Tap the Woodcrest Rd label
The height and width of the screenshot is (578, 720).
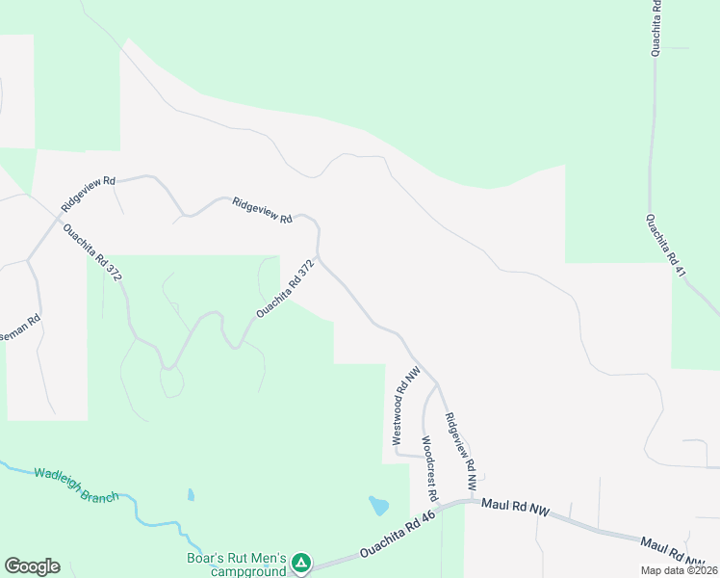pos(430,468)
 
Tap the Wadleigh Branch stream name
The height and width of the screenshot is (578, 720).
pos(76,485)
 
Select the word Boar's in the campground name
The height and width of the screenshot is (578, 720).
pos(206,557)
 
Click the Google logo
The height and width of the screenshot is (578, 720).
pos(32,566)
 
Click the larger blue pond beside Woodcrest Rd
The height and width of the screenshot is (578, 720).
pos(379,506)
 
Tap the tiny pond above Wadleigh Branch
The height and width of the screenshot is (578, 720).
pos(191,495)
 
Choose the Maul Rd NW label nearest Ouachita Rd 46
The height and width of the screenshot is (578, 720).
pos(515,508)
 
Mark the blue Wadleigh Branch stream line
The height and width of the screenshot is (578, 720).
pos(144,520)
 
